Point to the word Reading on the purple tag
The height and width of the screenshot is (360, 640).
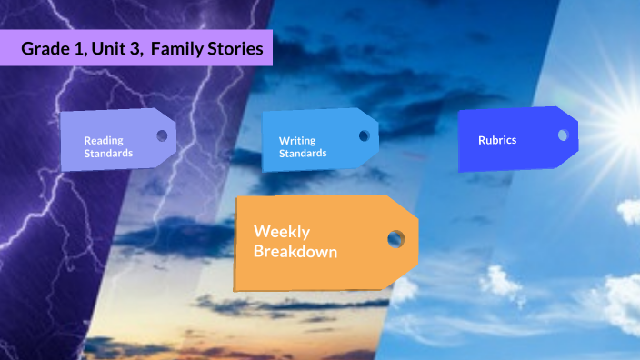click(x=103, y=140)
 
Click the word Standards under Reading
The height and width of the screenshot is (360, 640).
click(x=108, y=153)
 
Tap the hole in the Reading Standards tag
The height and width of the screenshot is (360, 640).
click(x=163, y=136)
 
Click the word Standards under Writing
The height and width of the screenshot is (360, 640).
click(x=303, y=153)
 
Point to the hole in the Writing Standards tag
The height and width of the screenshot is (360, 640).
click(x=365, y=135)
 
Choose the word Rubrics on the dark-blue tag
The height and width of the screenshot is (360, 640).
click(x=497, y=140)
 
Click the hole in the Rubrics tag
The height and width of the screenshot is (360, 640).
click(x=564, y=135)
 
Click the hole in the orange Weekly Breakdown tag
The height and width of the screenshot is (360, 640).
click(x=396, y=239)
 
